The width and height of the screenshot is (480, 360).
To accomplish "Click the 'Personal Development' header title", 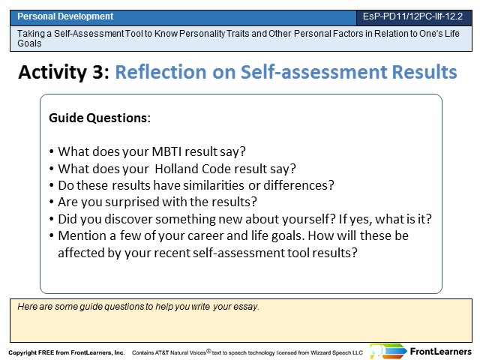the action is pos(65,16).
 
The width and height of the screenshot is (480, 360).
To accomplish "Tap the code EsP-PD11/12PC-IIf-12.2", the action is pos(412,16).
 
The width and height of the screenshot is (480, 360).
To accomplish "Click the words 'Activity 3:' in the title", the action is pos(64,72).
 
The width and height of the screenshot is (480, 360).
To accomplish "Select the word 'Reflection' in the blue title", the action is pos(160,72).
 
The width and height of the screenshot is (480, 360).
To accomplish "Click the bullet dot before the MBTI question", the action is pos(52,151).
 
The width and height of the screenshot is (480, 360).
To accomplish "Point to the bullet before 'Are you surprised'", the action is pos(52,202).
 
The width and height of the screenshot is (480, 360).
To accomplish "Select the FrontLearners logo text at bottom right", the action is pos(440,352).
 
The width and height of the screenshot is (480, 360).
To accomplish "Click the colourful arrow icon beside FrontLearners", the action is pos(388,351).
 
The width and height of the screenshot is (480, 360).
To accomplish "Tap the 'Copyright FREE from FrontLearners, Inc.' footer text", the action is pos(67,352).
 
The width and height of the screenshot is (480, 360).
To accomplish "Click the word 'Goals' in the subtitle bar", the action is pos(29,43).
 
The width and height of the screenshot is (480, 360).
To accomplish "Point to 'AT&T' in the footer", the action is pos(162,352).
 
